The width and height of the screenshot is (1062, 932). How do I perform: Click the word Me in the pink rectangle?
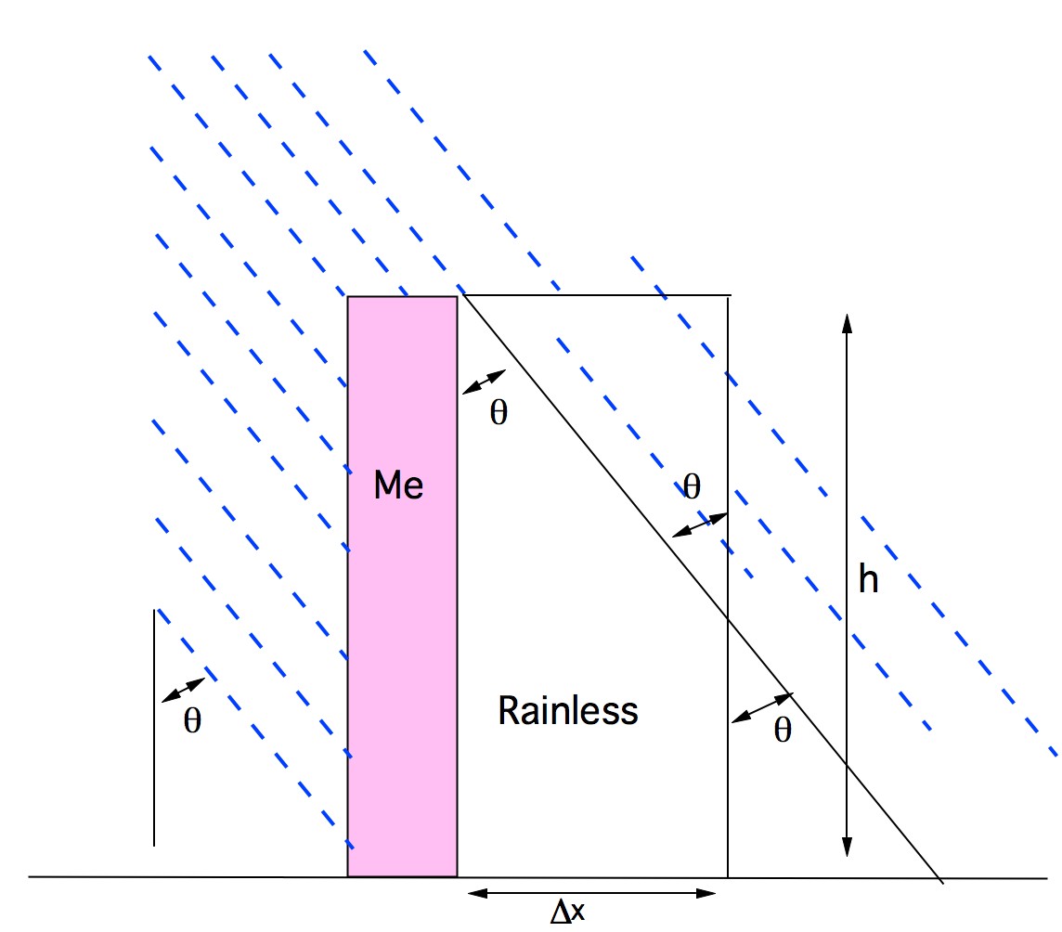pos(398,485)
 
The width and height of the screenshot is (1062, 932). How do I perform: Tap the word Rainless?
pos(568,711)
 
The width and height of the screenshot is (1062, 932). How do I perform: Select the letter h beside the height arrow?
pos(868,580)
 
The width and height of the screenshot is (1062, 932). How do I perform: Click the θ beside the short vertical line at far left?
pos(191,722)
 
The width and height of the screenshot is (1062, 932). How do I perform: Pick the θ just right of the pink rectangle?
pos(499,413)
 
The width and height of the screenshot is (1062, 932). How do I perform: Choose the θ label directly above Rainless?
pos(692,485)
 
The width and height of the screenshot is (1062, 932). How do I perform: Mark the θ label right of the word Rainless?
pos(783,731)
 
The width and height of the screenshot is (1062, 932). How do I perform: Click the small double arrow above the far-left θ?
pos(183,690)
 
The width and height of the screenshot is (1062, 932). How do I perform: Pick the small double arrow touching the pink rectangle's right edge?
pos(484,382)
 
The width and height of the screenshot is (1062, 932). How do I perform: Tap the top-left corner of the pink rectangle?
pos(348,297)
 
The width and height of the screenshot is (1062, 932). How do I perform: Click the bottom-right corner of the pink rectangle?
pos(457,875)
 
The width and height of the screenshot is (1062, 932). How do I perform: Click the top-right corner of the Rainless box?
pos(728,296)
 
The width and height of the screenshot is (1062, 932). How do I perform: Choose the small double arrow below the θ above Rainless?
pos(698,525)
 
